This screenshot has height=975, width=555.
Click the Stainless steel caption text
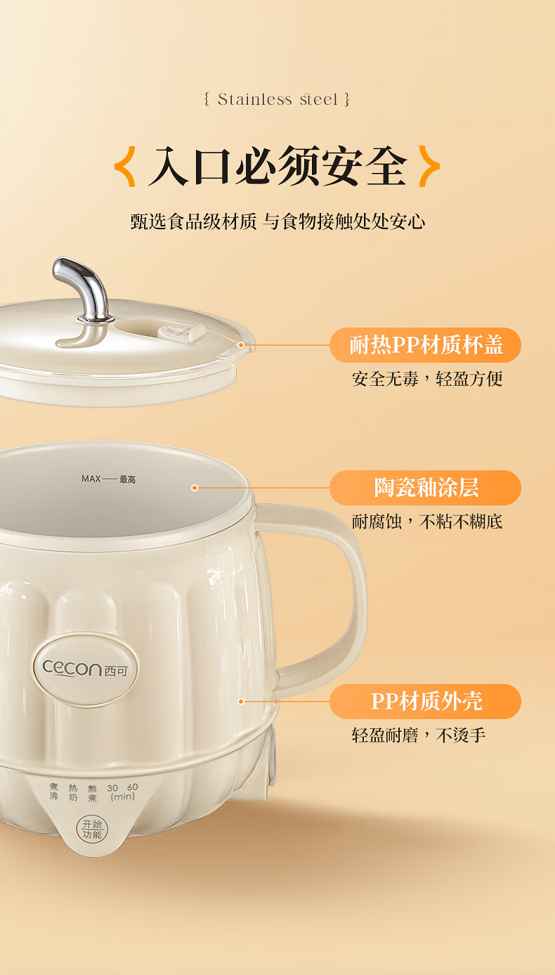point(277,99)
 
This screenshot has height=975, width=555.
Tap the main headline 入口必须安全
point(277,167)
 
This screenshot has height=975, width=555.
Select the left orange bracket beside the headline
point(125,167)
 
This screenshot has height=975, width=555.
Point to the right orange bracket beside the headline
point(429,167)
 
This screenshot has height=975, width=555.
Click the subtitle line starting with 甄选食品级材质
point(277,221)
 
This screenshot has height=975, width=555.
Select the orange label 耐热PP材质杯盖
point(426,345)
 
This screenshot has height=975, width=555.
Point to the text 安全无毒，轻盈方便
point(427,379)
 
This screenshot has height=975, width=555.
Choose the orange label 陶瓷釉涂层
point(426,488)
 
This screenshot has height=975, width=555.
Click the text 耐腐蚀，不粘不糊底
point(427,522)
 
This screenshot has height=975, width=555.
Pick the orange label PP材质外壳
point(426,702)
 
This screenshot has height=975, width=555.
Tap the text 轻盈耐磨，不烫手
point(419,735)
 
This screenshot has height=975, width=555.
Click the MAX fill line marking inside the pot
point(109,479)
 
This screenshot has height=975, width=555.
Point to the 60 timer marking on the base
point(133,787)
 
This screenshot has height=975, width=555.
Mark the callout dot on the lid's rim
point(241,345)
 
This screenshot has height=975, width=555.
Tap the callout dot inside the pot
point(195,488)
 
